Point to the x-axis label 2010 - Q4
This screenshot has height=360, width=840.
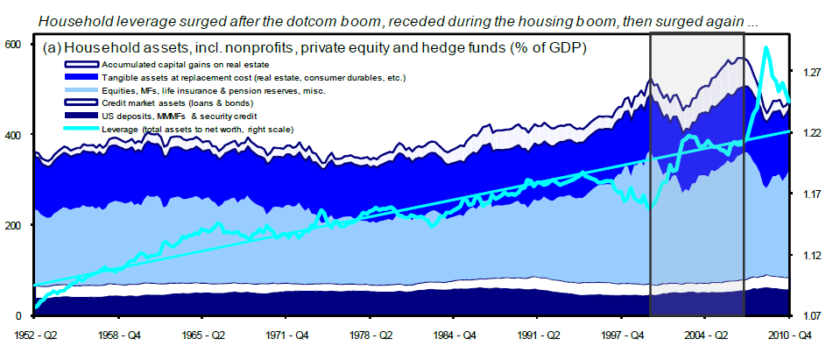pos(792,335)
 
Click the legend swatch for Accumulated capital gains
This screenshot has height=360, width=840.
pos(81,65)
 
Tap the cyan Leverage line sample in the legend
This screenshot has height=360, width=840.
pos(81,130)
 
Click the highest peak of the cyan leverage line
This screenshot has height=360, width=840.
pos(767,48)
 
